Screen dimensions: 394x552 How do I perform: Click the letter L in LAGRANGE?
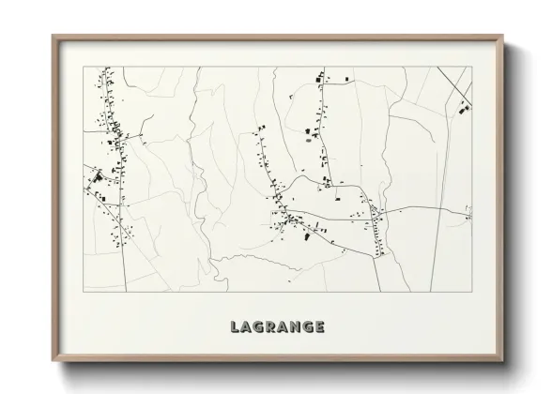click(x=235, y=326)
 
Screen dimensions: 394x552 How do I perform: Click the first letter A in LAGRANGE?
click(x=246, y=326)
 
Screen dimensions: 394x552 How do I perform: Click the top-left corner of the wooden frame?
click(x=52, y=36)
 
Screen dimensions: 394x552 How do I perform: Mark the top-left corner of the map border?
click(x=84, y=67)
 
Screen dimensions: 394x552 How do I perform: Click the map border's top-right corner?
click(x=470, y=67)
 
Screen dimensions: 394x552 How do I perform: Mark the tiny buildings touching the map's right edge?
click(x=468, y=217)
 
